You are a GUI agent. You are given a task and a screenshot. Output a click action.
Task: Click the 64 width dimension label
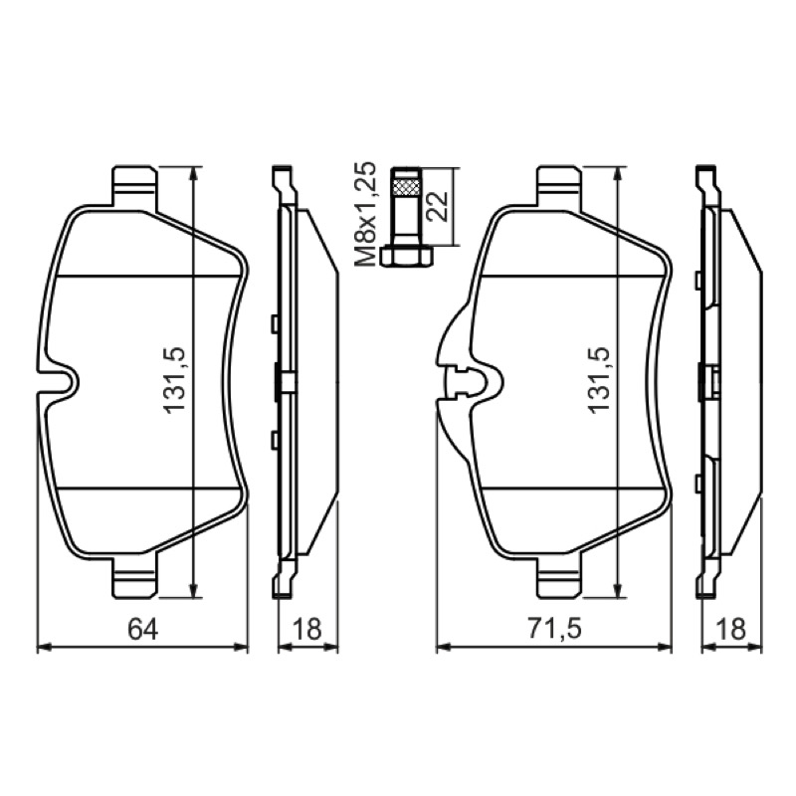pos(142,629)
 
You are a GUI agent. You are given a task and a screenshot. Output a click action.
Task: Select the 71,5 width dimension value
pos(554,629)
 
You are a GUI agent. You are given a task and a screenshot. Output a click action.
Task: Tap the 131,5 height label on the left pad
pos(175,381)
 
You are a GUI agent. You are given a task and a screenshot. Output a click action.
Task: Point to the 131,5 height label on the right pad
pos(599,381)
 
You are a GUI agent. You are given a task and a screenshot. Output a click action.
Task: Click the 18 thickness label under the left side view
pos(307,629)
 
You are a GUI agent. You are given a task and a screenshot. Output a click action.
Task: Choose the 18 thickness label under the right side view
pos(731,629)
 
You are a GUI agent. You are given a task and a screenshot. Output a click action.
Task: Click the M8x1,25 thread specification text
pos(365,214)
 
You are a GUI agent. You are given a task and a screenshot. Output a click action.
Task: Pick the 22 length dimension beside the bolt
pos(438,206)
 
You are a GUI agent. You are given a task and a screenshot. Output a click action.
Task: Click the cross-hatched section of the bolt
pos(407,187)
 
